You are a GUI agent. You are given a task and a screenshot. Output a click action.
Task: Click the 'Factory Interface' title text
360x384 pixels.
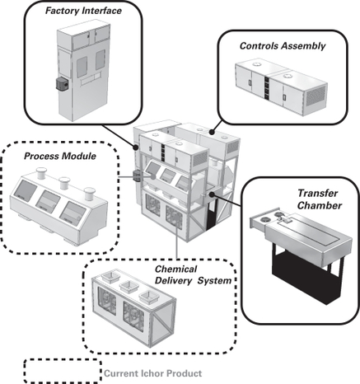click(83, 11)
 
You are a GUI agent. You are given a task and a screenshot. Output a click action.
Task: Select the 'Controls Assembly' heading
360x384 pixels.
click(283, 46)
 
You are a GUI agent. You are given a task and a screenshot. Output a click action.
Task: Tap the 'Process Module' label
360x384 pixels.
click(60, 156)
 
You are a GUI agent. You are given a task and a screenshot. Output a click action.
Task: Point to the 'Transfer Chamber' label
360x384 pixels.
click(320, 199)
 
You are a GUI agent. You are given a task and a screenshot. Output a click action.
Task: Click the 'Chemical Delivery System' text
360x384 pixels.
click(193, 274)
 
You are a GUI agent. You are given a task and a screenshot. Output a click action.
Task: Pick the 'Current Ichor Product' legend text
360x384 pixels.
click(153, 373)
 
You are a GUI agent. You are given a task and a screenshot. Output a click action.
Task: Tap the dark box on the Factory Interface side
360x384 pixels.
click(62, 84)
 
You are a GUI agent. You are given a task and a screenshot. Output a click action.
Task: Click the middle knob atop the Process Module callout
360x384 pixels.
click(64, 183)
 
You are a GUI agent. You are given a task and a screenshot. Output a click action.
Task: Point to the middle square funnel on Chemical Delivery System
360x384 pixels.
click(129, 287)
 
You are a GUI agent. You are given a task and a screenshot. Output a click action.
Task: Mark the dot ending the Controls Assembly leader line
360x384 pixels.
click(212, 133)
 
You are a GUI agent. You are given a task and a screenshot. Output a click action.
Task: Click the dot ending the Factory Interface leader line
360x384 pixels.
click(136, 148)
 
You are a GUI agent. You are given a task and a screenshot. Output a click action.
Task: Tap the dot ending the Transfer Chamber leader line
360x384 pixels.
click(212, 194)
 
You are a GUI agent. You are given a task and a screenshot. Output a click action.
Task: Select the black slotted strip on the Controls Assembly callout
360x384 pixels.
click(267, 87)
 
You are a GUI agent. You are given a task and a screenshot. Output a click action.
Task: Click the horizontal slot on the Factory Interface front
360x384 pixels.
click(90, 79)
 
